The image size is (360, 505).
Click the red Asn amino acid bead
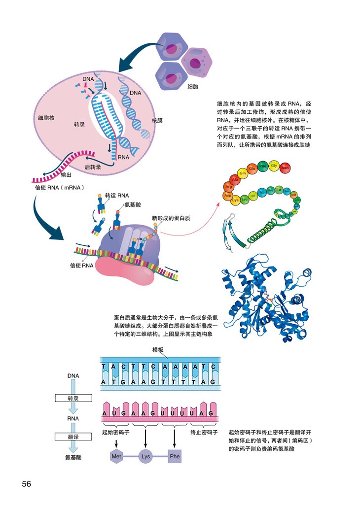click(285, 168)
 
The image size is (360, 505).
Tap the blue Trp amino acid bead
click(262, 192)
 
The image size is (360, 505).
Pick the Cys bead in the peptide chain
click(236, 200)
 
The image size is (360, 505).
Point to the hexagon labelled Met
click(116, 456)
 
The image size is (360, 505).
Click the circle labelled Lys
click(145, 456)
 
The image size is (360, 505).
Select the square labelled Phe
click(175, 456)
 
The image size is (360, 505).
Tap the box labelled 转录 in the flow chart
click(73, 398)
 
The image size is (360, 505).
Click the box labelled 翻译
click(73, 437)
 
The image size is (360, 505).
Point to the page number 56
click(27, 484)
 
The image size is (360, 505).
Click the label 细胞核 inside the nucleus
click(46, 118)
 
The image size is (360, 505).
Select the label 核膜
click(157, 120)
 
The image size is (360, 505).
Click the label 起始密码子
click(115, 432)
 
